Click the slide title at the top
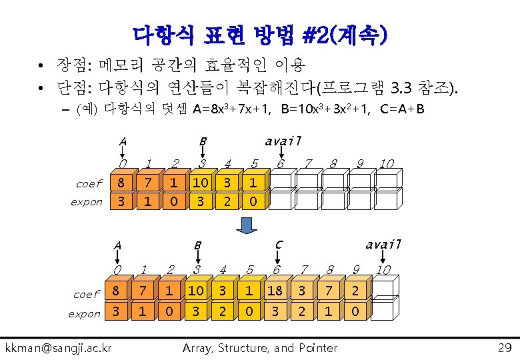[260, 33]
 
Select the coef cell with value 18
[275, 291]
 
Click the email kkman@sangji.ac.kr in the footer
[59, 347]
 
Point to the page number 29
[504, 347]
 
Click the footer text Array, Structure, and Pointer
[260, 347]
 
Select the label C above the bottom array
[279, 245]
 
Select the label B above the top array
[203, 141]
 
